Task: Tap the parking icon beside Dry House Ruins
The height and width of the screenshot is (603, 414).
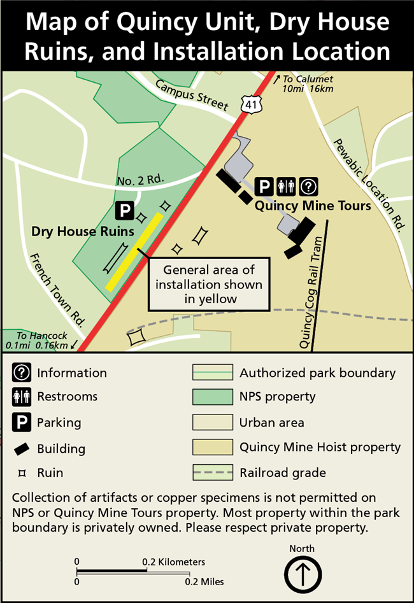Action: point(125,211)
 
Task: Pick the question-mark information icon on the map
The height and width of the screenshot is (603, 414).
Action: point(309,187)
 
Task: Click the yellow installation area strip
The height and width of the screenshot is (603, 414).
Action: point(134,252)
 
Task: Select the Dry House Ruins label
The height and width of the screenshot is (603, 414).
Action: point(83,231)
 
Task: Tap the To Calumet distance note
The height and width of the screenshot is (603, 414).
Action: point(308,83)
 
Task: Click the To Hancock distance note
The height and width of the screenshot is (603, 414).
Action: point(42,341)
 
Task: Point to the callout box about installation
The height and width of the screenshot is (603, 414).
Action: point(209,284)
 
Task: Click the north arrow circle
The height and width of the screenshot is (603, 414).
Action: point(302,574)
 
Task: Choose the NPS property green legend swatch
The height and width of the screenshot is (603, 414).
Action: point(211,397)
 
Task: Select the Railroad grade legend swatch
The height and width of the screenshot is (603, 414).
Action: point(211,473)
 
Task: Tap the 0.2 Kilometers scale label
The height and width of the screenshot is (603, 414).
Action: point(174,562)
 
